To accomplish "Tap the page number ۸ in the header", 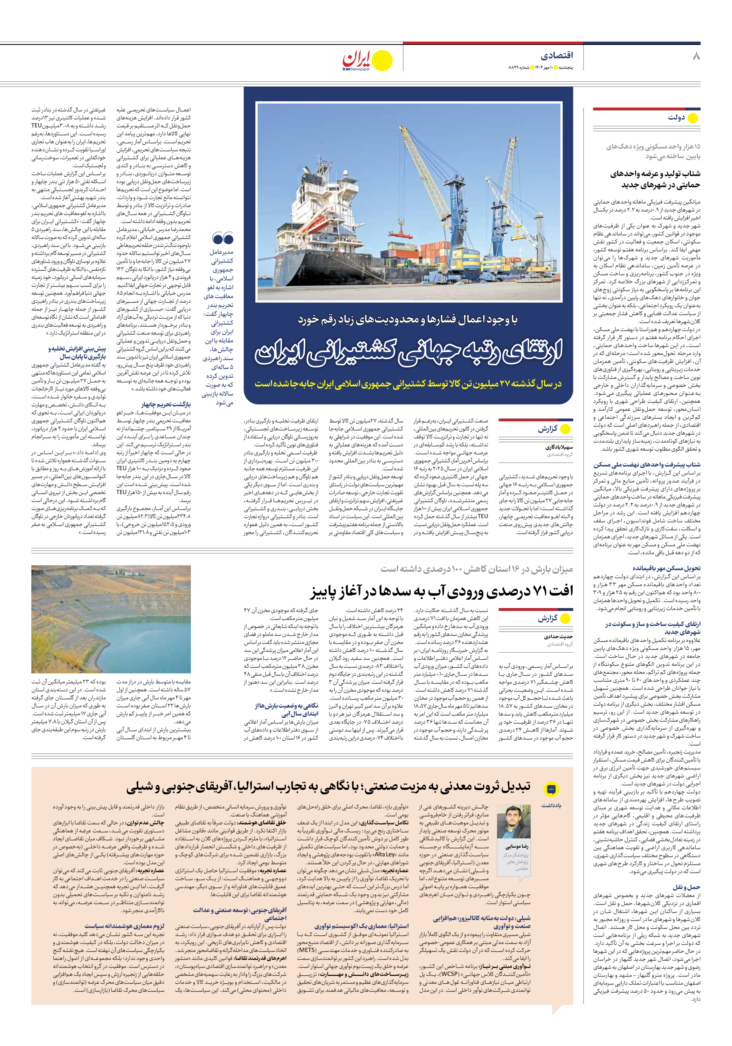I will [696, 57].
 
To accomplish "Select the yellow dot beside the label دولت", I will [692, 118].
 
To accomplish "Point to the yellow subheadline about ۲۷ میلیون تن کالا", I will [408, 384].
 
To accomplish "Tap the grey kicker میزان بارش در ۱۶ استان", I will [476, 569].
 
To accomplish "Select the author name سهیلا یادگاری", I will [559, 447].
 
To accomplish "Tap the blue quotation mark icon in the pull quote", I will [223, 238].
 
